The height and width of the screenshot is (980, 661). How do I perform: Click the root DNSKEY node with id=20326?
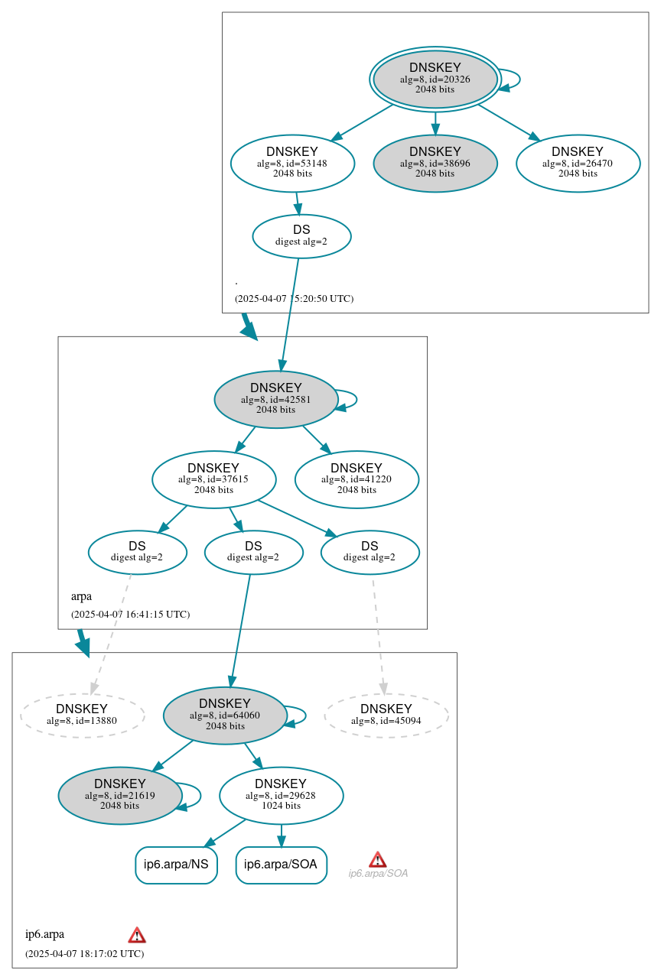(x=435, y=79)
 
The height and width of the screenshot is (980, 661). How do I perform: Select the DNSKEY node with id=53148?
(x=292, y=163)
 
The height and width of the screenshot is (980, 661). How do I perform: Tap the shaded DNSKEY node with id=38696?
(x=435, y=163)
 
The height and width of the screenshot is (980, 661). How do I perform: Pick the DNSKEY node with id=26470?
(x=578, y=163)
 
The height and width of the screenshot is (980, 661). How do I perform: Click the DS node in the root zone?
(x=301, y=236)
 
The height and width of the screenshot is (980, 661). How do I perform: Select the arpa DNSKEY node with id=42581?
(x=275, y=399)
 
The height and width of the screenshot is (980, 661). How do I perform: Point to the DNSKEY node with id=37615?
(x=213, y=479)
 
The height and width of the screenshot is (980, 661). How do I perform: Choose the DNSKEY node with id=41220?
(x=357, y=479)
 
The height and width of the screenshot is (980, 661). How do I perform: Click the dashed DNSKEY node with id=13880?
(x=82, y=716)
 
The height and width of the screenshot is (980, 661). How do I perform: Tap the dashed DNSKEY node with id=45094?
(x=386, y=716)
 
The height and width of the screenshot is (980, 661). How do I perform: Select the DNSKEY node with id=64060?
(x=225, y=716)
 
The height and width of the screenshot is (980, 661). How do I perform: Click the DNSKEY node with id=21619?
(x=120, y=796)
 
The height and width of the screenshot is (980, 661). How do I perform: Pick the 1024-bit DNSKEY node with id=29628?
(x=281, y=796)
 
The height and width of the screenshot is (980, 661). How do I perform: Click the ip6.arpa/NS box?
(x=176, y=865)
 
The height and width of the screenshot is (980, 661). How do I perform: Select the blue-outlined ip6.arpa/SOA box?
(x=282, y=865)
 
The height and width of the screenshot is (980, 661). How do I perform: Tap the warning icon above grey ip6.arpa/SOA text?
(x=377, y=859)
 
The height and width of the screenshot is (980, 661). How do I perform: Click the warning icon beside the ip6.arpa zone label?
(x=137, y=935)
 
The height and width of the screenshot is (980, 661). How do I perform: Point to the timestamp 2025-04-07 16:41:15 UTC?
(x=130, y=614)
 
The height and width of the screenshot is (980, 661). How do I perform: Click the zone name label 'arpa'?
(x=81, y=596)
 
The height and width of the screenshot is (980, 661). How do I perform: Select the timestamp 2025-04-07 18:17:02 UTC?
(x=84, y=953)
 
